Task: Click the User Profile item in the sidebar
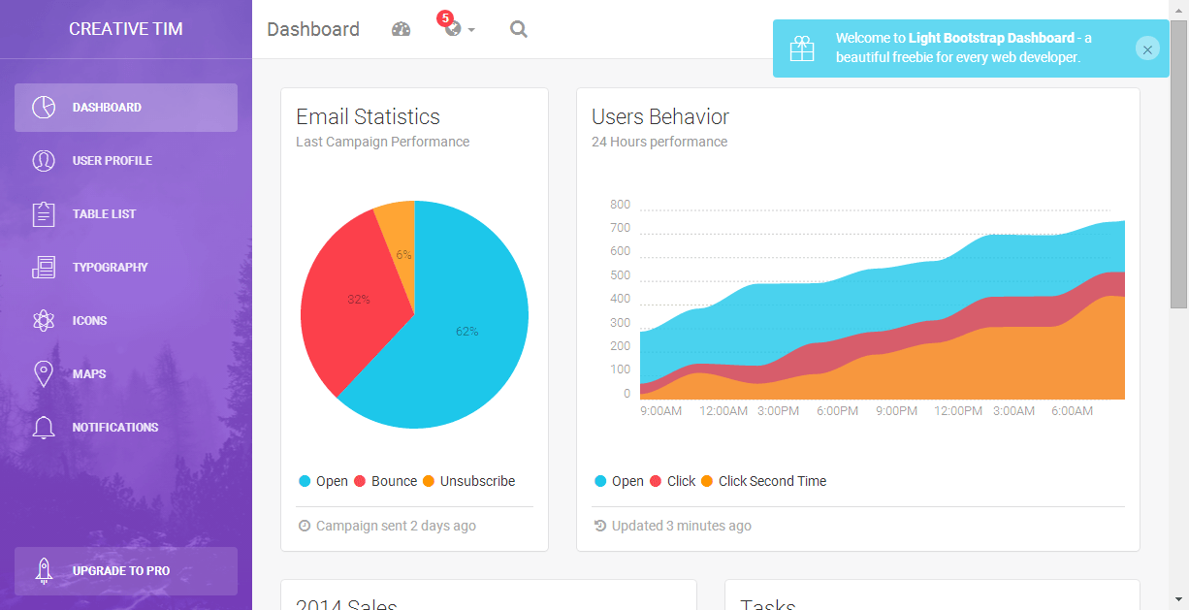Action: point(112,161)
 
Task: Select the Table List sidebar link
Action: point(104,214)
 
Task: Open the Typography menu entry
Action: point(110,268)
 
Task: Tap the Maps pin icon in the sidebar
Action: point(44,374)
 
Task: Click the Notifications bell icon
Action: point(44,428)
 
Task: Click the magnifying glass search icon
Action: point(519,29)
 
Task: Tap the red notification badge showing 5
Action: point(445,17)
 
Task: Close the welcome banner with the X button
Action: point(1147,49)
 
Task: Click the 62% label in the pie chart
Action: point(466,332)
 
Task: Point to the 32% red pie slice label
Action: point(359,300)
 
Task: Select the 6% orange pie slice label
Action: point(403,255)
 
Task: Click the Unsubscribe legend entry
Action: point(477,481)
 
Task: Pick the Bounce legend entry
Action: point(394,481)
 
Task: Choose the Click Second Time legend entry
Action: point(772,481)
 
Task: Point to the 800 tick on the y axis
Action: point(620,205)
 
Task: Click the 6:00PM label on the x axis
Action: point(837,411)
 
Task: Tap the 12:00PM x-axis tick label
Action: point(958,411)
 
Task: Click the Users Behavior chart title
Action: point(660,117)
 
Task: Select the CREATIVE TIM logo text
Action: point(126,29)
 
